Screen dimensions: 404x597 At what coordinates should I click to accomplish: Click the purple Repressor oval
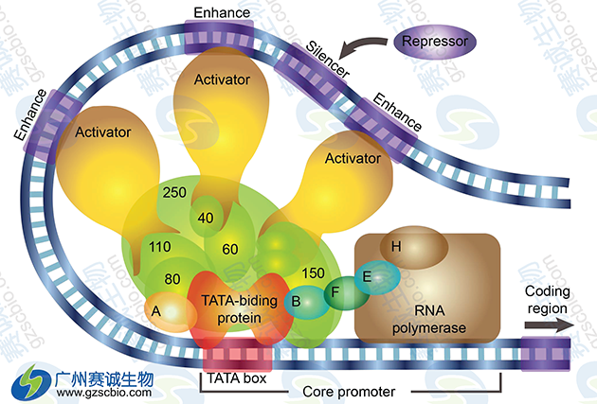(x=435, y=42)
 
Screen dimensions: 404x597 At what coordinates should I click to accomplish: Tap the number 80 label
(x=172, y=279)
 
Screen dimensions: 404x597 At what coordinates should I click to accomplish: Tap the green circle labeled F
(x=334, y=293)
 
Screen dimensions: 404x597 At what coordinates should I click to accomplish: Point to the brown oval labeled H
(x=398, y=247)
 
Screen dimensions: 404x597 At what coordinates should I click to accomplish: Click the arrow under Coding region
(x=548, y=325)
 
